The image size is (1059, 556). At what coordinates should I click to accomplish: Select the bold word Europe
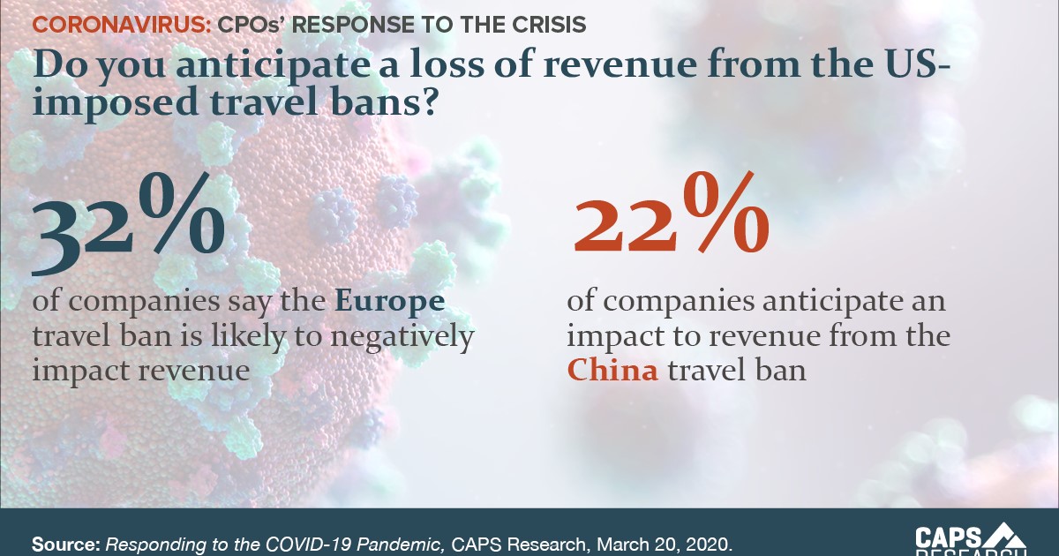pos(388,302)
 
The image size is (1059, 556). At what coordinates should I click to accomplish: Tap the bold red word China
pos(612,370)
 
